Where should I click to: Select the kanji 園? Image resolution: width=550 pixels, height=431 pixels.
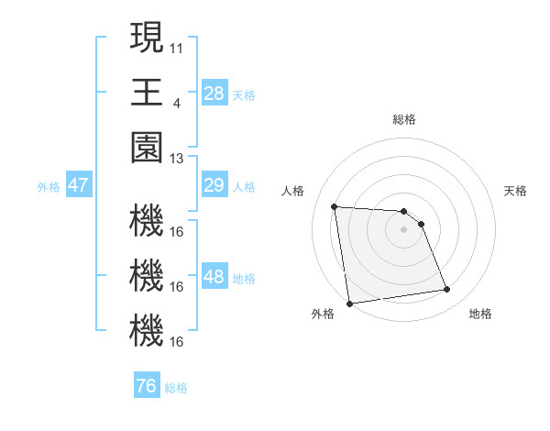click(x=146, y=148)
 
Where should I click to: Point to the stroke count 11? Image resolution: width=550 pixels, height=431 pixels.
click(x=176, y=46)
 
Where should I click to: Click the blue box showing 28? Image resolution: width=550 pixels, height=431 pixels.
click(x=214, y=94)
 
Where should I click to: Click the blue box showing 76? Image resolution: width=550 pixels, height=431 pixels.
click(x=146, y=386)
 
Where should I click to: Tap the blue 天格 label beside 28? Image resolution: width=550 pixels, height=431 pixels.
click(x=244, y=94)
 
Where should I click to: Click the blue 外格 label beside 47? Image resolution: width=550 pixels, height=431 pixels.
click(x=49, y=187)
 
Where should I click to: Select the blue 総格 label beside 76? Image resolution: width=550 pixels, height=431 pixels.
click(x=176, y=387)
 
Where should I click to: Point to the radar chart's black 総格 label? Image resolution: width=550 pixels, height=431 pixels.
click(x=403, y=119)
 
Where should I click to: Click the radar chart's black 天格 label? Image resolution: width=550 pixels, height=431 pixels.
click(x=515, y=191)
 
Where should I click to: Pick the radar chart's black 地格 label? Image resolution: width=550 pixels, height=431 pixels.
click(x=480, y=314)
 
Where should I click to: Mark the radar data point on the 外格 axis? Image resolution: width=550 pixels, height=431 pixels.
click(x=348, y=303)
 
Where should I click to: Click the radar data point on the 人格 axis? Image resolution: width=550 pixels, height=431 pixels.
click(x=335, y=206)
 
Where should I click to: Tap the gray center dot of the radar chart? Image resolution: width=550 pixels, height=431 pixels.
click(x=403, y=229)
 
